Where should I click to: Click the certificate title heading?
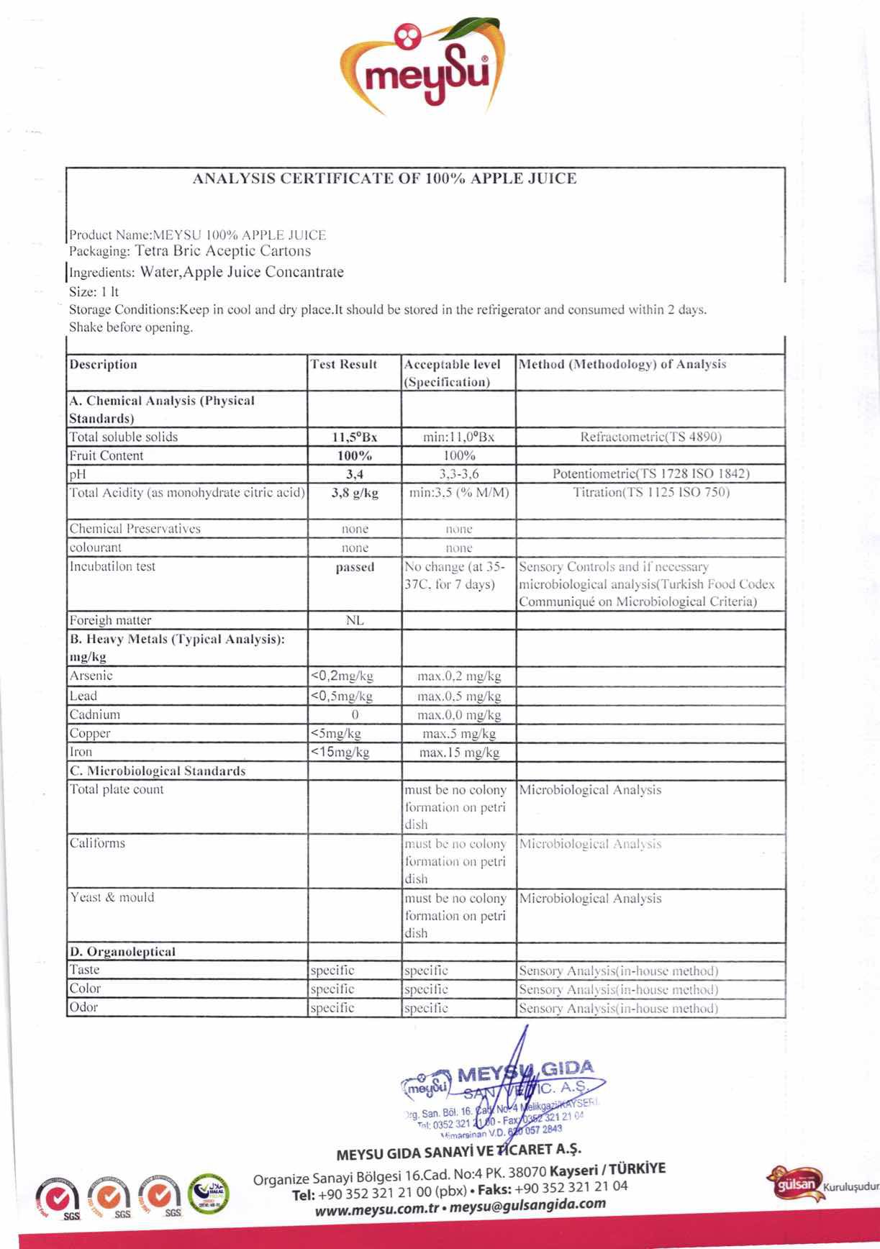(385, 179)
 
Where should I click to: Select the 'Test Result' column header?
(344, 365)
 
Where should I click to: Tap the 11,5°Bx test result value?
(354, 437)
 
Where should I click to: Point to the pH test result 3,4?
(355, 474)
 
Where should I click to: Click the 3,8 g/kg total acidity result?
(355, 493)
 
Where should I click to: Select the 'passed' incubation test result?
(355, 567)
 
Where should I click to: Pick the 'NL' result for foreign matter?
(355, 620)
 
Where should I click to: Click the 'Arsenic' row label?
(91, 676)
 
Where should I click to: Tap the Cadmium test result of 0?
(355, 714)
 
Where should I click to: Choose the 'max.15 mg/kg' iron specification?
(459, 753)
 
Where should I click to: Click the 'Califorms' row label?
(97, 843)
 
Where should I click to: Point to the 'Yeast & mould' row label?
(112, 897)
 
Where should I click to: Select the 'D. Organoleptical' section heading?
(122, 952)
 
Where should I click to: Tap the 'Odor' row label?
(83, 1007)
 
